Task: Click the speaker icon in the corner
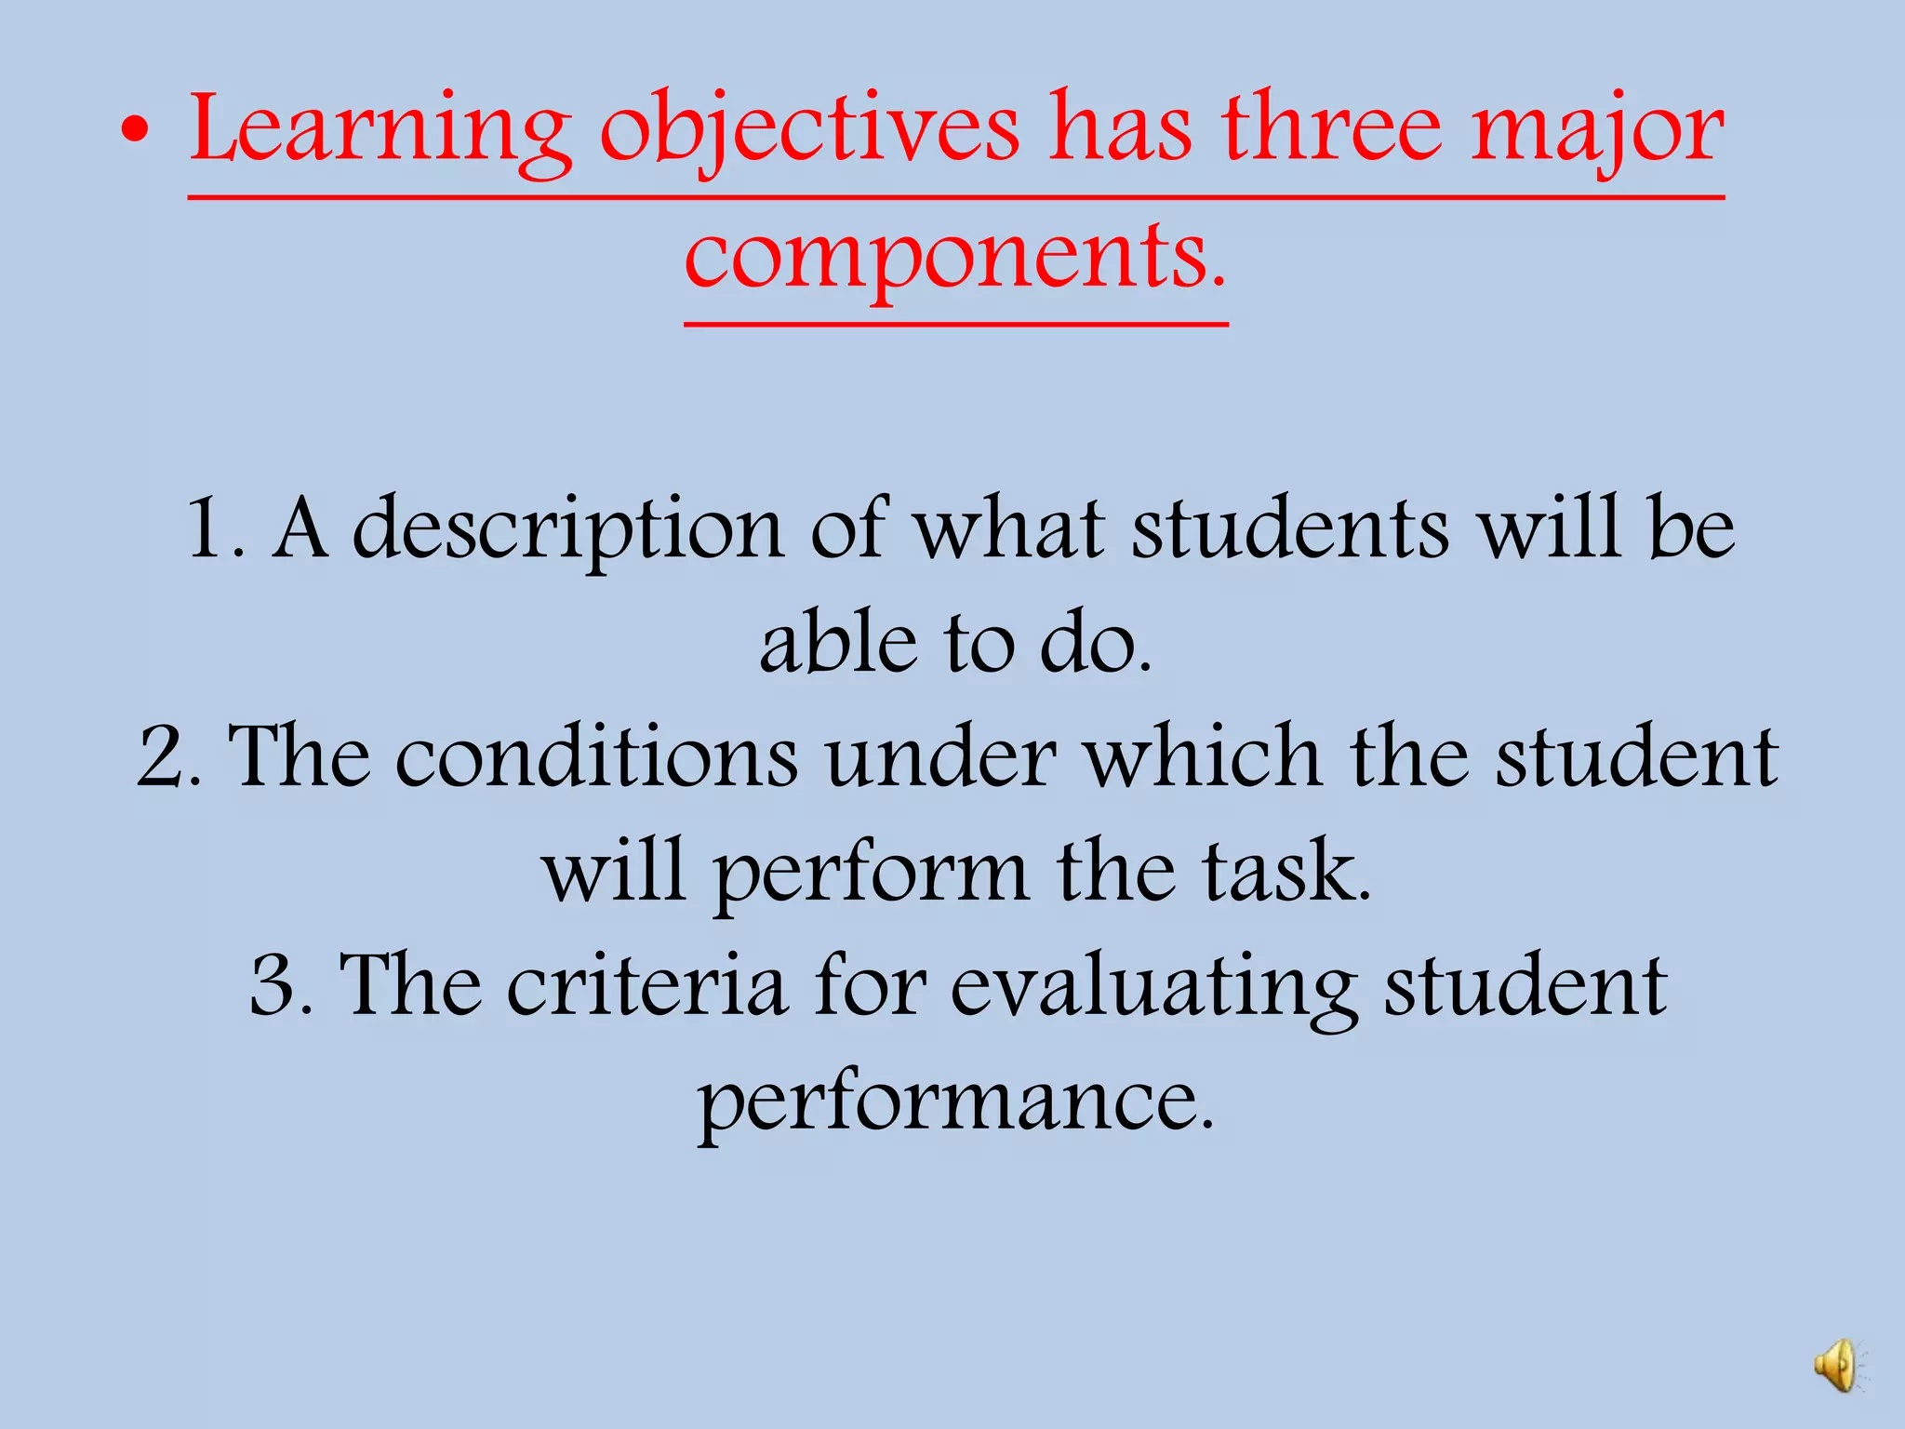[x=1837, y=1366]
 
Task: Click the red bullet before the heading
[x=135, y=132]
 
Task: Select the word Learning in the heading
[x=380, y=130]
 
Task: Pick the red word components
[x=954, y=255]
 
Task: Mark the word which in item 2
[x=1204, y=755]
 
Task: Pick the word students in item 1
[x=1289, y=528]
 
